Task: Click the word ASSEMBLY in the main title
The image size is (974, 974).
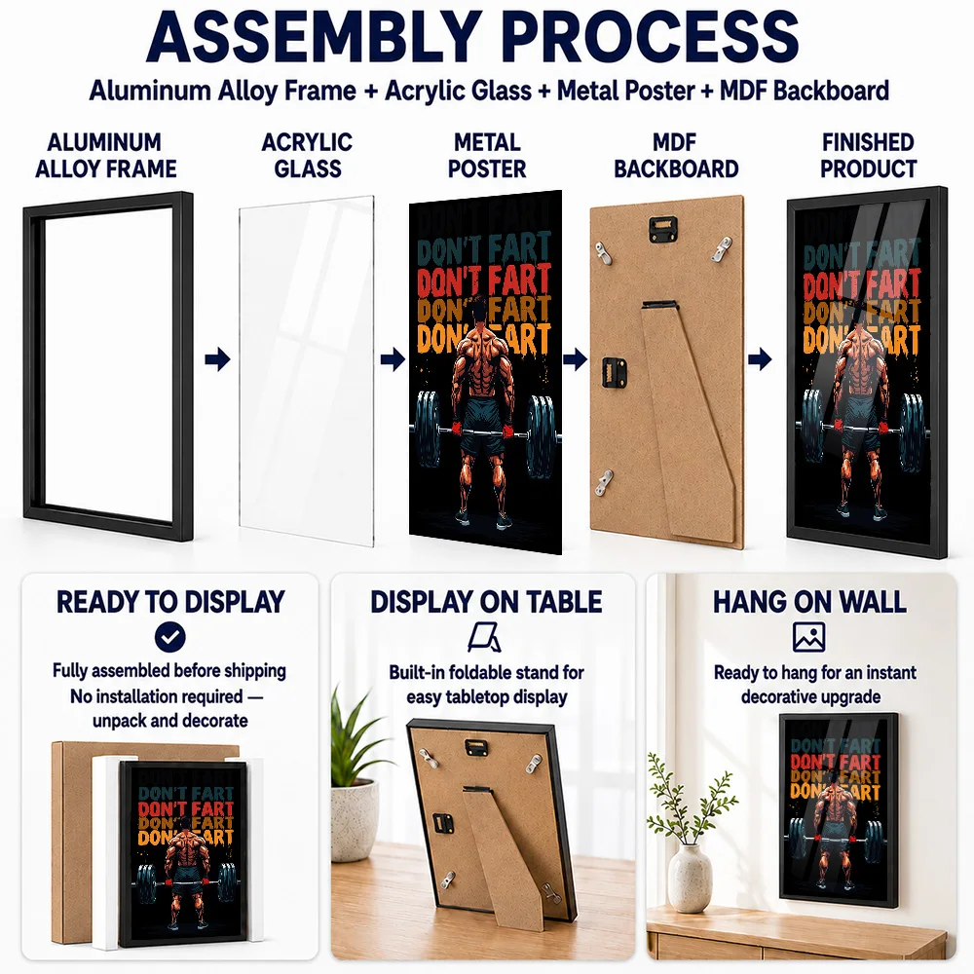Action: pos(315,37)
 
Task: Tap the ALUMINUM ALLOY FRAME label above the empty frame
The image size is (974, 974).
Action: pos(105,155)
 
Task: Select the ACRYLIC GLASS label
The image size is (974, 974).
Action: pos(307,155)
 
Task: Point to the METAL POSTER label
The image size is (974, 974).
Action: pos(487,155)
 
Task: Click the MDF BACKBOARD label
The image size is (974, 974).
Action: pos(676,155)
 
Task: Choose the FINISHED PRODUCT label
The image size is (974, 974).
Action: pos(868,155)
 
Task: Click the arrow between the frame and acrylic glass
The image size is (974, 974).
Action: pos(217,359)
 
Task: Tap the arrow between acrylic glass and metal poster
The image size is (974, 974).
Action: pos(393,359)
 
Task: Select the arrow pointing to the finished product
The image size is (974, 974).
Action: pos(759,359)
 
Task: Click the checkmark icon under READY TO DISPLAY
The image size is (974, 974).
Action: pos(170,637)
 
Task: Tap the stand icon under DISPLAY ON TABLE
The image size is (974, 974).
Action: pos(485,638)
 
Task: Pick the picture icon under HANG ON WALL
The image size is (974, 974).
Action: pos(808,637)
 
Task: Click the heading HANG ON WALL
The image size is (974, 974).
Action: pos(809,602)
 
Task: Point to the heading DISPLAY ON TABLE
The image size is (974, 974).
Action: pos(486,602)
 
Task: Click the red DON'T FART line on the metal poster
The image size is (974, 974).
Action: pos(484,281)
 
